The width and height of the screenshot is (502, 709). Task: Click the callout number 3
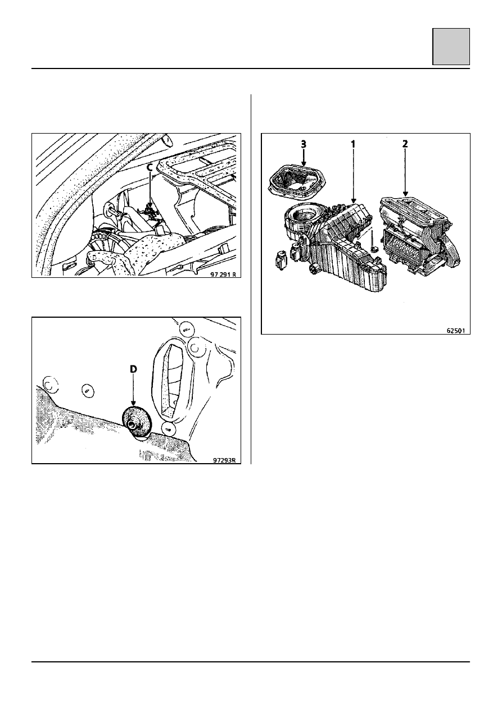[x=304, y=144]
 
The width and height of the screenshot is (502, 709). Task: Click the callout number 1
[x=353, y=144]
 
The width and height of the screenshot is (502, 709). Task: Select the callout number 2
[x=405, y=144]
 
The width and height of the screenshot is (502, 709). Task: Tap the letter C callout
[x=150, y=168]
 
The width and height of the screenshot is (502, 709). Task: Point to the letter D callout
[x=133, y=369]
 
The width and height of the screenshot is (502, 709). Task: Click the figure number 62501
[x=456, y=331]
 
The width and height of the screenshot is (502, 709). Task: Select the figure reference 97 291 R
[x=223, y=274]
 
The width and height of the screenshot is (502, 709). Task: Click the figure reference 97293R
[x=224, y=460]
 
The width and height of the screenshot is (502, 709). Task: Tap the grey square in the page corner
[x=451, y=47]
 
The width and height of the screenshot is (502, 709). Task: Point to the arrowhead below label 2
[x=405, y=194]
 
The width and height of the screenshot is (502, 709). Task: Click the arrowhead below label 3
[x=304, y=163]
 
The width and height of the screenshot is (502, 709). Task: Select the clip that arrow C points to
[x=150, y=212]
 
